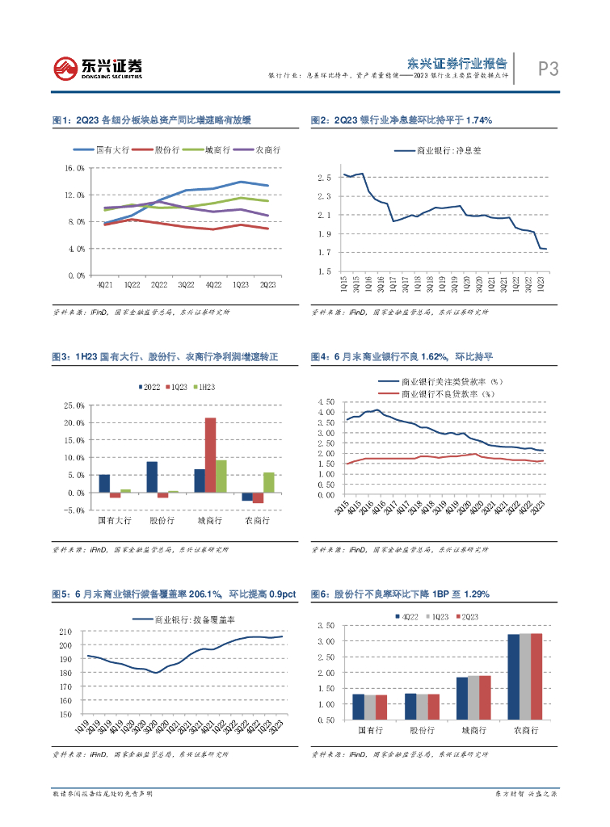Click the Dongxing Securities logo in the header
click(97, 68)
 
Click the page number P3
click(549, 69)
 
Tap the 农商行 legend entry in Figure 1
click(267, 149)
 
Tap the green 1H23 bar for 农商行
click(269, 482)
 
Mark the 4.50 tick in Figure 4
click(326, 401)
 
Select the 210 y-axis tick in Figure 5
click(67, 632)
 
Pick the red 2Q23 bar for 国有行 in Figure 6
click(381, 707)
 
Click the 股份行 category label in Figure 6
click(416, 730)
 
